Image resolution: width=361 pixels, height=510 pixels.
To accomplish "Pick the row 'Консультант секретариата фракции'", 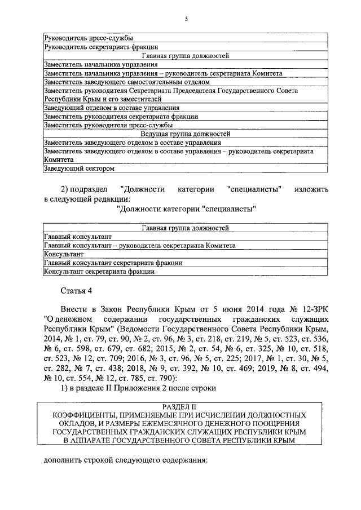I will (x=99, y=271).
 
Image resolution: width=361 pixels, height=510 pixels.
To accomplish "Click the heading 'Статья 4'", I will (x=76, y=290).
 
